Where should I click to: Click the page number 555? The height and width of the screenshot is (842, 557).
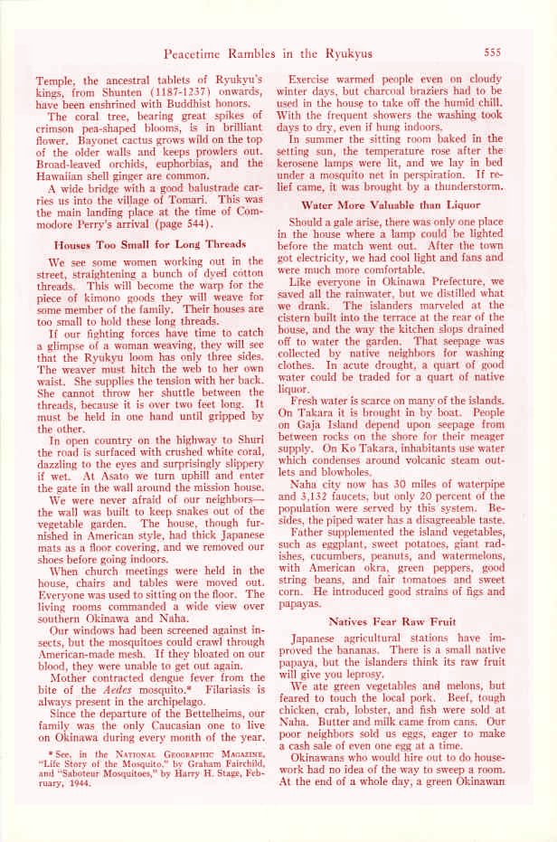[x=498, y=52]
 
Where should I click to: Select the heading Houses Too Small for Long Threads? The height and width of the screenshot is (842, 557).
[x=149, y=243]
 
